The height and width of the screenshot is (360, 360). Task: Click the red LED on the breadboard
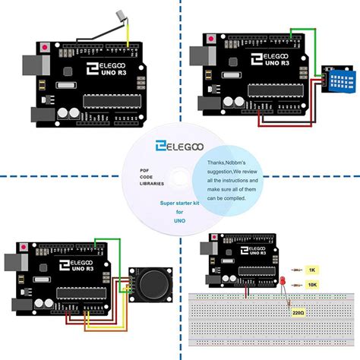pyautogui.click(x=283, y=284)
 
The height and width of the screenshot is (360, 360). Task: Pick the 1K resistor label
pyautogui.click(x=311, y=270)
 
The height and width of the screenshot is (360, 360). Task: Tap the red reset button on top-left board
pyautogui.click(x=48, y=48)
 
